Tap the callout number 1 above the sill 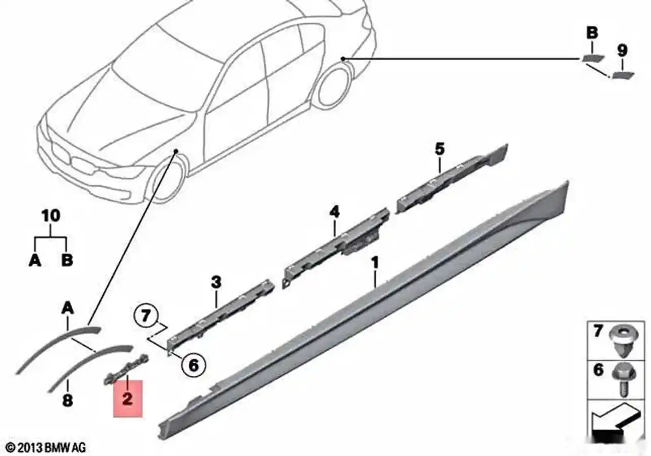pyautogui.click(x=376, y=263)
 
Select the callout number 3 pyautogui.click(x=216, y=283)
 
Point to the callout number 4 pyautogui.click(x=334, y=212)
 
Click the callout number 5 pyautogui.click(x=440, y=149)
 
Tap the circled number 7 pyautogui.click(x=146, y=316)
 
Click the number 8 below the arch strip pyautogui.click(x=68, y=401)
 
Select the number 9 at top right pyautogui.click(x=622, y=50)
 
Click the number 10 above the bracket pyautogui.click(x=51, y=215)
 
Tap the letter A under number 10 pyautogui.click(x=35, y=260)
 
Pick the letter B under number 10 pyautogui.click(x=67, y=260)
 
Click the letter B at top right pyautogui.click(x=592, y=33)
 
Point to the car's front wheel pyautogui.click(x=166, y=181)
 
